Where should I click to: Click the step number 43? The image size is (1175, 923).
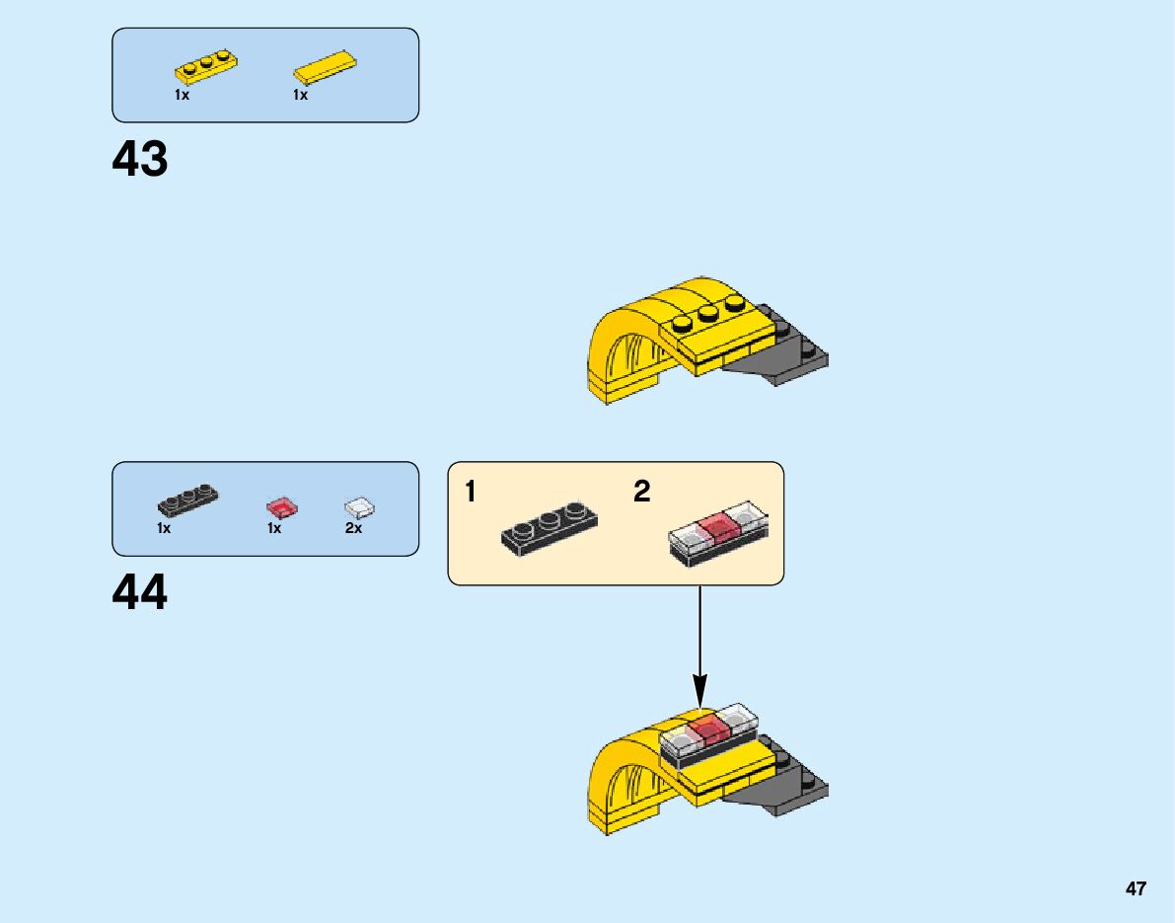click(140, 159)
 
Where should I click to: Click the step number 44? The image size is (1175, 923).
click(140, 593)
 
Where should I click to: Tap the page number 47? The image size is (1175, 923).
click(1136, 889)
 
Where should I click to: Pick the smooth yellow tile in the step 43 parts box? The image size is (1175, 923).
click(325, 68)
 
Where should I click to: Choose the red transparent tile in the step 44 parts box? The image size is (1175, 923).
click(281, 508)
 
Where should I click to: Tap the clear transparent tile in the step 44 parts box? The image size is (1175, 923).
click(360, 507)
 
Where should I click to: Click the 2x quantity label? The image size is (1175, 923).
click(353, 529)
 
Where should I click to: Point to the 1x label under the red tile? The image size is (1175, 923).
click(274, 529)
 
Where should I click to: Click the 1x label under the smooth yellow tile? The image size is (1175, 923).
click(300, 96)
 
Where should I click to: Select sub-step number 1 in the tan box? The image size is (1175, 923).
click(471, 492)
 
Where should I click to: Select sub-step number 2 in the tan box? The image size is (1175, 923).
click(642, 492)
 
